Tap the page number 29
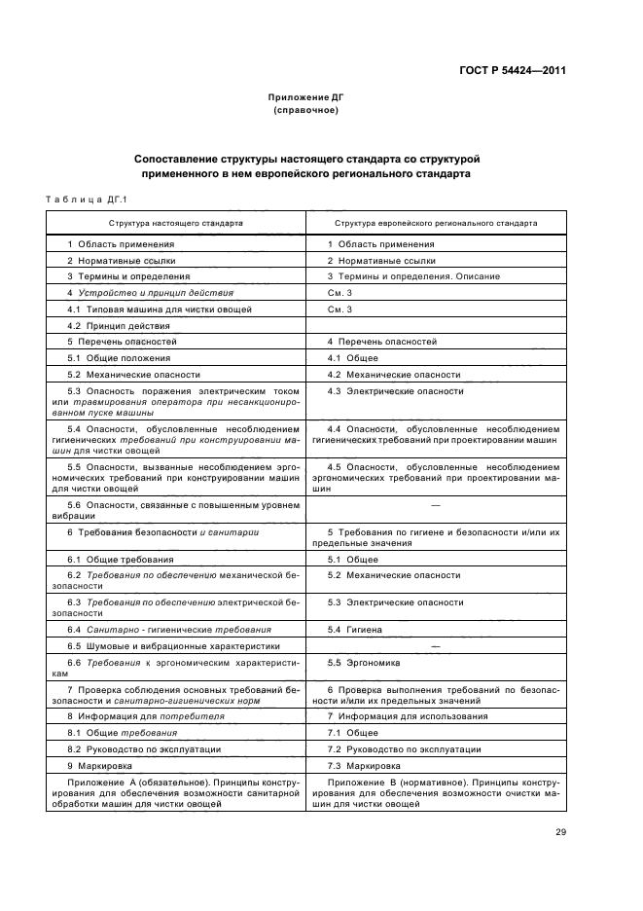click(x=561, y=831)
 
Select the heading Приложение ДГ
click(x=306, y=98)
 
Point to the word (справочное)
click(x=306, y=111)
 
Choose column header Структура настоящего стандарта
click(x=176, y=222)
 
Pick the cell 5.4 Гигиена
click(x=355, y=630)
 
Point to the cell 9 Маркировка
click(x=101, y=766)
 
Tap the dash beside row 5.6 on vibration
click(x=435, y=506)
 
